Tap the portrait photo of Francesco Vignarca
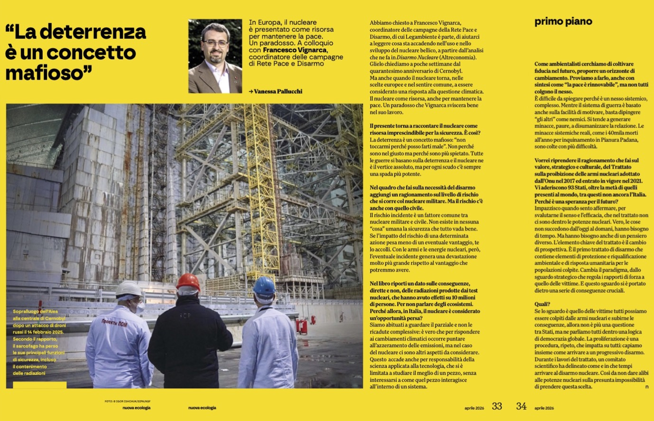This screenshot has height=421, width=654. point(215,56)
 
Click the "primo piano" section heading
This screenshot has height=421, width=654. point(563,21)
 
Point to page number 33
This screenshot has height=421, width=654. point(497,406)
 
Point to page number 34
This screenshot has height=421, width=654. point(521,406)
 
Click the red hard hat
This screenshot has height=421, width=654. point(188,281)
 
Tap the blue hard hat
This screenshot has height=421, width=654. point(264,286)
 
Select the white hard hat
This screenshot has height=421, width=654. point(129,289)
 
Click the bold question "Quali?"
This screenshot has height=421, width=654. point(542,304)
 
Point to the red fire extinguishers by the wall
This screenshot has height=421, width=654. point(302,326)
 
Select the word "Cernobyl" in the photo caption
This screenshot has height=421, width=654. point(52,319)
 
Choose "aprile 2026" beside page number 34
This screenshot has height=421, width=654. point(544,408)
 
